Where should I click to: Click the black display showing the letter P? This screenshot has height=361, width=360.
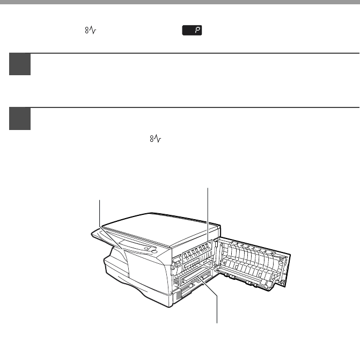192,30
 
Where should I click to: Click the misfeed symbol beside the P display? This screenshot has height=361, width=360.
90,30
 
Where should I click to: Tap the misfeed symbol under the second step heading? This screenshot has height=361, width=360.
156,139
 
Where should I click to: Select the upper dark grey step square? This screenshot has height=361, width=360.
20,64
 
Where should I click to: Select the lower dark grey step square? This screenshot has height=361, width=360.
20,119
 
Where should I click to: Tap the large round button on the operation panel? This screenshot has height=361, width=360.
155,251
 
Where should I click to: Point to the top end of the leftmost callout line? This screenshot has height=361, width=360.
100,200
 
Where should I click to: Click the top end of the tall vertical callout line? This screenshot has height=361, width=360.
208,188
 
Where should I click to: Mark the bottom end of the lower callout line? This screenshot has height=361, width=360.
217,323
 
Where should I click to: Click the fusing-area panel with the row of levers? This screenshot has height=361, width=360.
197,251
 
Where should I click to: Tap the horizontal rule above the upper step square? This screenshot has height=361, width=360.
184,53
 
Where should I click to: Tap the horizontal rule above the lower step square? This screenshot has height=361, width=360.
184,107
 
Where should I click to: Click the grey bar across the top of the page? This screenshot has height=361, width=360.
180,2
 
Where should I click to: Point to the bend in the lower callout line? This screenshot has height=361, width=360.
217,295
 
